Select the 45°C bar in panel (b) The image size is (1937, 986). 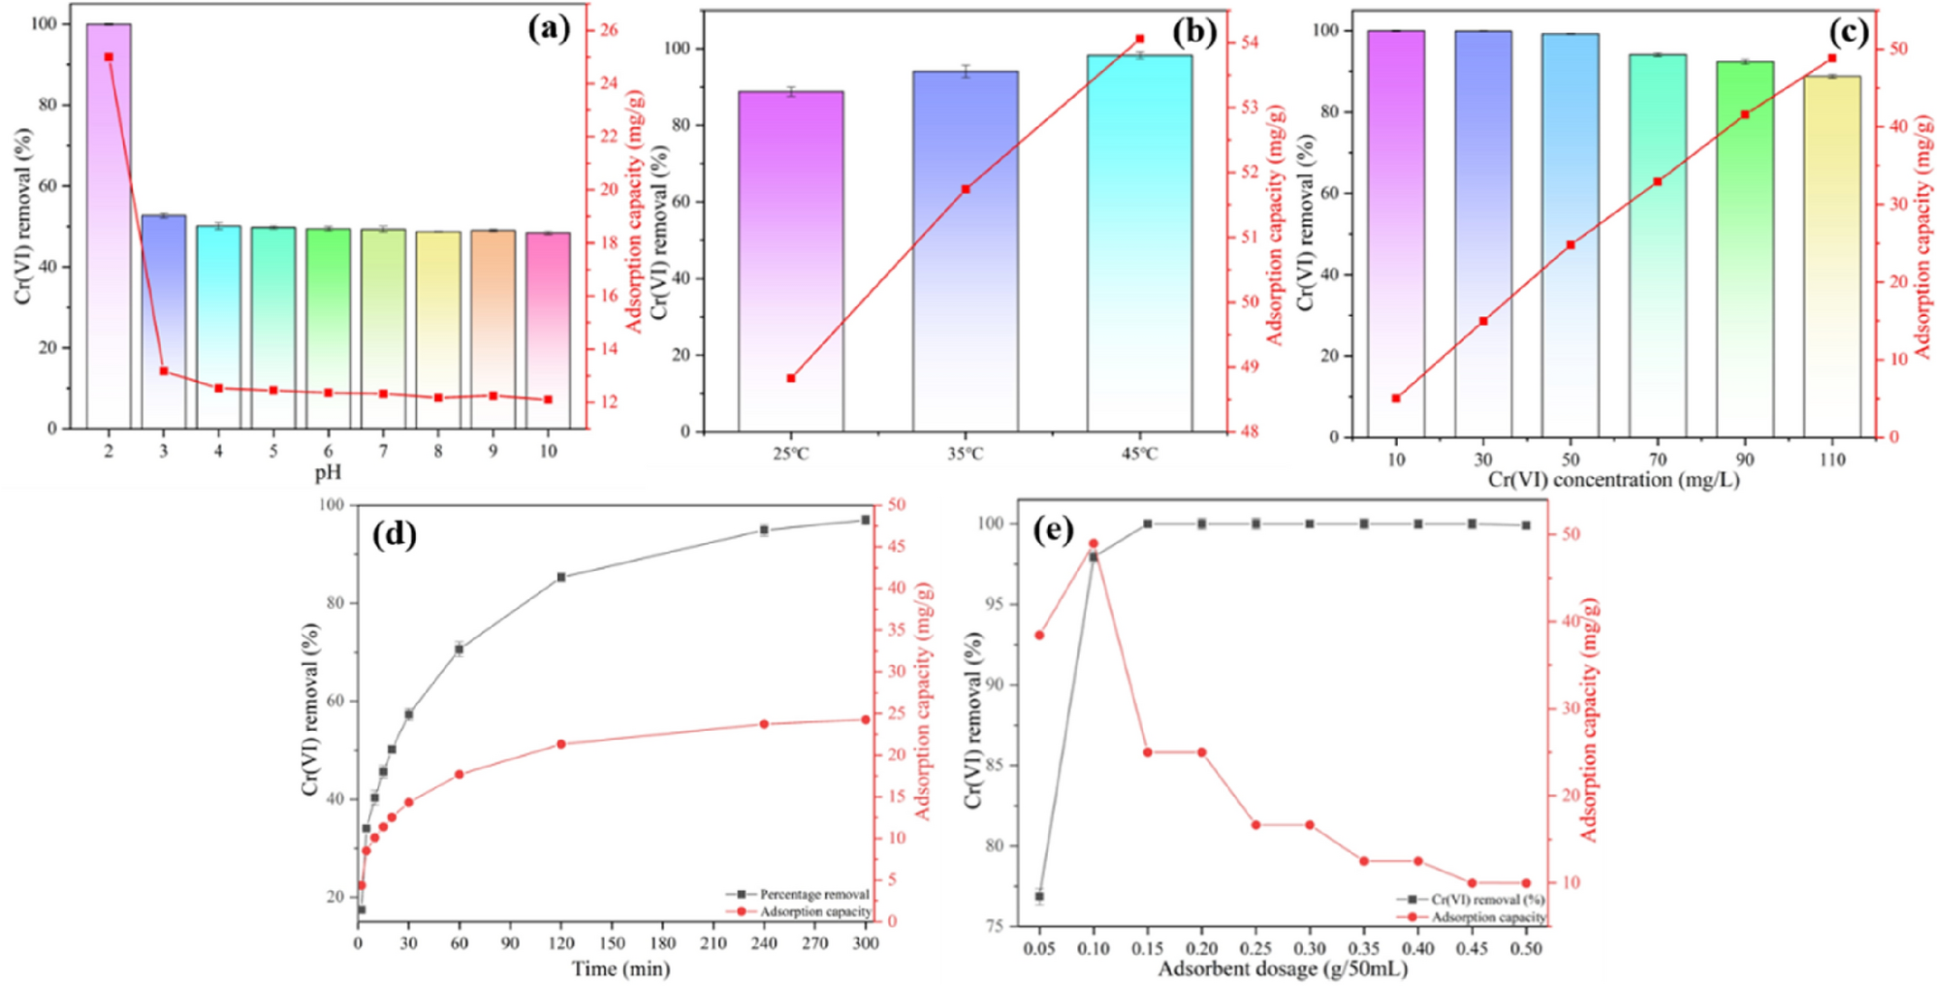point(1139,242)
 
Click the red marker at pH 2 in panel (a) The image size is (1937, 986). point(109,57)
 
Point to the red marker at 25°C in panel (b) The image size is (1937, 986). point(791,378)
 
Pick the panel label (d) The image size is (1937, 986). point(395,534)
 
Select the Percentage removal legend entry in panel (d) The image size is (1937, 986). point(812,894)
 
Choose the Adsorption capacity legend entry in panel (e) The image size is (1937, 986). point(1487,916)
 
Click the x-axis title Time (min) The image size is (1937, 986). point(620,968)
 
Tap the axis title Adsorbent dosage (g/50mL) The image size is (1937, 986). point(1283,968)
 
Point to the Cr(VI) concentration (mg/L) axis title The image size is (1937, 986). point(1614,480)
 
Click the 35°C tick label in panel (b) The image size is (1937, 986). point(965,454)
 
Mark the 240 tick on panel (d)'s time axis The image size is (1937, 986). point(764,942)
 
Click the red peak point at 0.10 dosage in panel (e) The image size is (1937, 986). point(1094,544)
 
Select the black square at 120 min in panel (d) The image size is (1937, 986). point(561,577)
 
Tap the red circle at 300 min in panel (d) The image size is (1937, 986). point(865,719)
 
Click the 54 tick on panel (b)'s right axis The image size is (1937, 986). point(1250,43)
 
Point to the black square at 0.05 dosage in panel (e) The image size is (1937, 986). point(1039,896)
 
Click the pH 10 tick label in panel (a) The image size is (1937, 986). point(548,451)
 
